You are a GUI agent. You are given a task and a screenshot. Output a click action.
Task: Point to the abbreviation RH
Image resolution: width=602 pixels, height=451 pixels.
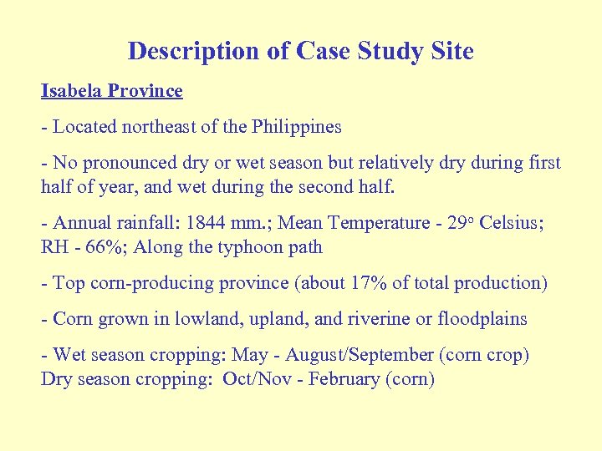tap(55, 246)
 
